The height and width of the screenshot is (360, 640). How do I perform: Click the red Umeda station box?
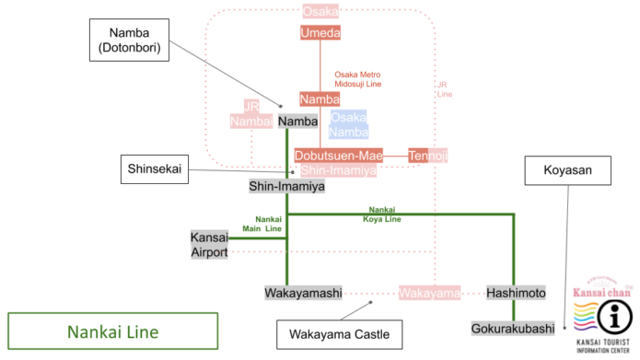(x=320, y=33)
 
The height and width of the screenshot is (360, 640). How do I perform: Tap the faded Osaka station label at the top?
(x=320, y=12)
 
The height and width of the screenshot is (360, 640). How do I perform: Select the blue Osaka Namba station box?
(x=348, y=124)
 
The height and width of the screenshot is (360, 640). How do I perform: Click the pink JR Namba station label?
(x=251, y=113)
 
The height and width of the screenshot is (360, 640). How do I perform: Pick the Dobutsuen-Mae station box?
(x=338, y=156)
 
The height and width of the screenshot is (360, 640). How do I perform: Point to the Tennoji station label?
(x=427, y=156)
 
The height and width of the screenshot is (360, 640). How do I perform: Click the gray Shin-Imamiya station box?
(x=286, y=186)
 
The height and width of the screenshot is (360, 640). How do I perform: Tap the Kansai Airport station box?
(x=208, y=244)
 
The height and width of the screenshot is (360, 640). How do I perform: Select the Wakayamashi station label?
(x=303, y=293)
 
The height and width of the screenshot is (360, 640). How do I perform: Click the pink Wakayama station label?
(x=429, y=293)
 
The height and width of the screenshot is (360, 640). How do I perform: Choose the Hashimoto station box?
(x=516, y=293)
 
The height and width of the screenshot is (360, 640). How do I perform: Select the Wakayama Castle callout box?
(x=339, y=333)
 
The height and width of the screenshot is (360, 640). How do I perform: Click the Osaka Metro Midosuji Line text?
(x=356, y=78)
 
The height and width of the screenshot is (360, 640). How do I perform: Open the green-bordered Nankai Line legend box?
(x=112, y=331)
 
